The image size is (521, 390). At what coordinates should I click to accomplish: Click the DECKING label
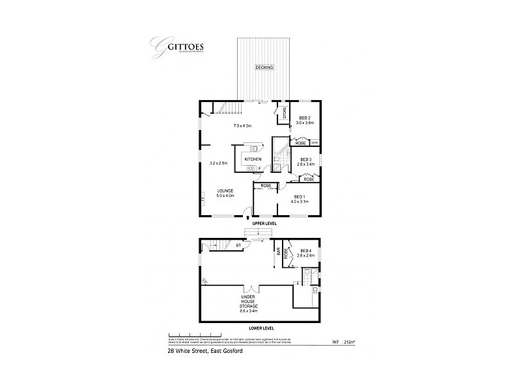click(x=264, y=68)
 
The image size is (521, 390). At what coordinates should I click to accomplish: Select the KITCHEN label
click(x=253, y=159)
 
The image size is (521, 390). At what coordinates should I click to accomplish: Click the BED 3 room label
click(x=305, y=160)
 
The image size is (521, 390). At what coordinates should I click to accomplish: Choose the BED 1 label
click(x=300, y=197)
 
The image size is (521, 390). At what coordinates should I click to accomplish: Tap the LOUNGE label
click(x=225, y=190)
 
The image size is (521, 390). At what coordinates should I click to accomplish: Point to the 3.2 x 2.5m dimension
click(x=218, y=163)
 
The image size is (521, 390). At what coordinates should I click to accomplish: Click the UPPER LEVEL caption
click(x=264, y=223)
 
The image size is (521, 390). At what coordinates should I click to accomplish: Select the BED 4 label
click(x=306, y=252)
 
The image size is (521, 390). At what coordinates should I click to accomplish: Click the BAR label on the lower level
click(x=278, y=251)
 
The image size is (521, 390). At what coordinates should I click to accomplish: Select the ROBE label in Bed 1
click(x=266, y=187)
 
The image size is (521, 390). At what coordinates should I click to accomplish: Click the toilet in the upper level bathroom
click(x=277, y=158)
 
